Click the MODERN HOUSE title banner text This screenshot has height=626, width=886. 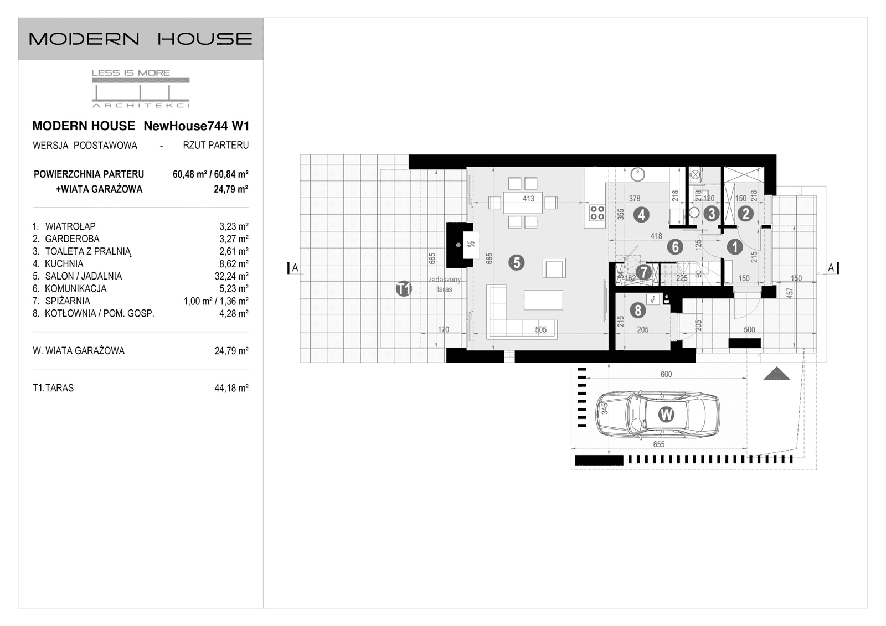pos(140,39)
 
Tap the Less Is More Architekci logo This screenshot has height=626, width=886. pos(140,89)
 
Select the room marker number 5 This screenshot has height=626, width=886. pos(516,262)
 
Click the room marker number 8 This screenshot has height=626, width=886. pos(638,311)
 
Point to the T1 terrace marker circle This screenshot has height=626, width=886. pos(404,288)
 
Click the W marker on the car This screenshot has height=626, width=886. pos(666,414)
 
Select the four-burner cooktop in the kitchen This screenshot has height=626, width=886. pos(597,213)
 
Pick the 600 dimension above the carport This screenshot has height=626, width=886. pos(666,374)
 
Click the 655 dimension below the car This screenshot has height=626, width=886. pos(658,444)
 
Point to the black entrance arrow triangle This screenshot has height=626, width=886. pos(776,374)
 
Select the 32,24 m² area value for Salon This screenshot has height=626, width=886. pos(234,276)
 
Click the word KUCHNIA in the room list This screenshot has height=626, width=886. pos(64,264)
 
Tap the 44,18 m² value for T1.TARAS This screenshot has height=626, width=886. pos(231,388)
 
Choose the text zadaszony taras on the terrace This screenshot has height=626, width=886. pos(445,284)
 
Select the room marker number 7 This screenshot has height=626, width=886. pos(643,272)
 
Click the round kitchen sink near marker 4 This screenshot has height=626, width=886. pos(638,174)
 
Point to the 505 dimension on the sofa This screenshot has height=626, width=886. pos(540,329)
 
